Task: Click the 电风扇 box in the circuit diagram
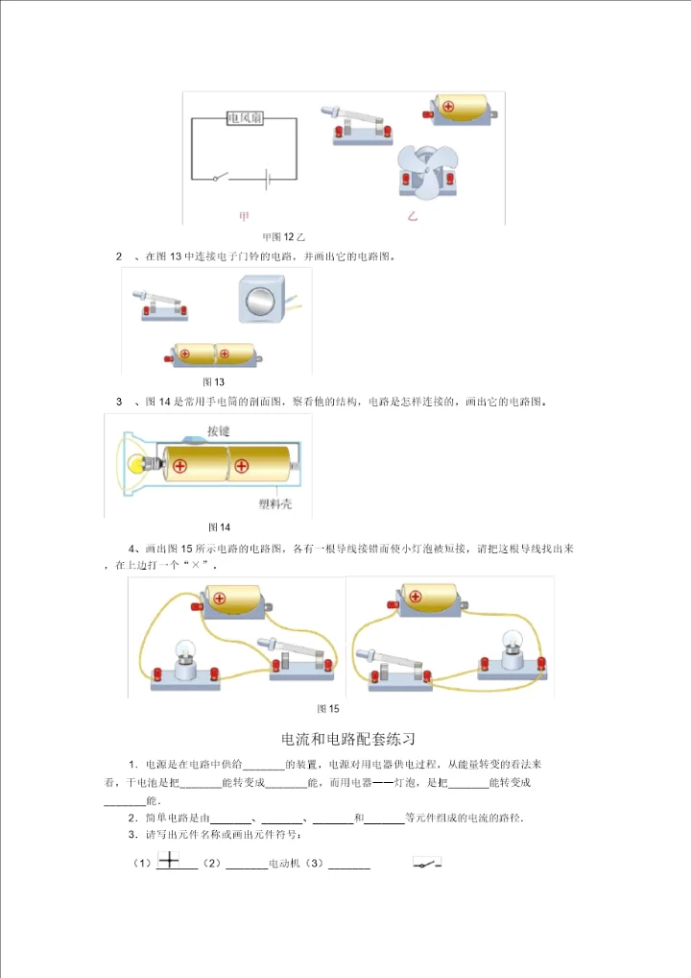[x=245, y=118]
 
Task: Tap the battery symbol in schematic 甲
[x=268, y=179]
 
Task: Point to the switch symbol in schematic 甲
[x=221, y=177]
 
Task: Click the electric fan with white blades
[x=428, y=172]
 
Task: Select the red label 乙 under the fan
[x=412, y=216]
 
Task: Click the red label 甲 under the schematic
[x=244, y=216]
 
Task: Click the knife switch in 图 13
[x=160, y=305]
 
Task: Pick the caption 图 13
[x=213, y=381]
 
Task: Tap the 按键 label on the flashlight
[x=218, y=430]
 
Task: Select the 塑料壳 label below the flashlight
[x=274, y=503]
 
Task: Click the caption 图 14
[x=220, y=527]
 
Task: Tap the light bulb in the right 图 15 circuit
[x=512, y=648]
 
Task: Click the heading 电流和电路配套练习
[x=347, y=739]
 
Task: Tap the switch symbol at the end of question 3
[x=427, y=864]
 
